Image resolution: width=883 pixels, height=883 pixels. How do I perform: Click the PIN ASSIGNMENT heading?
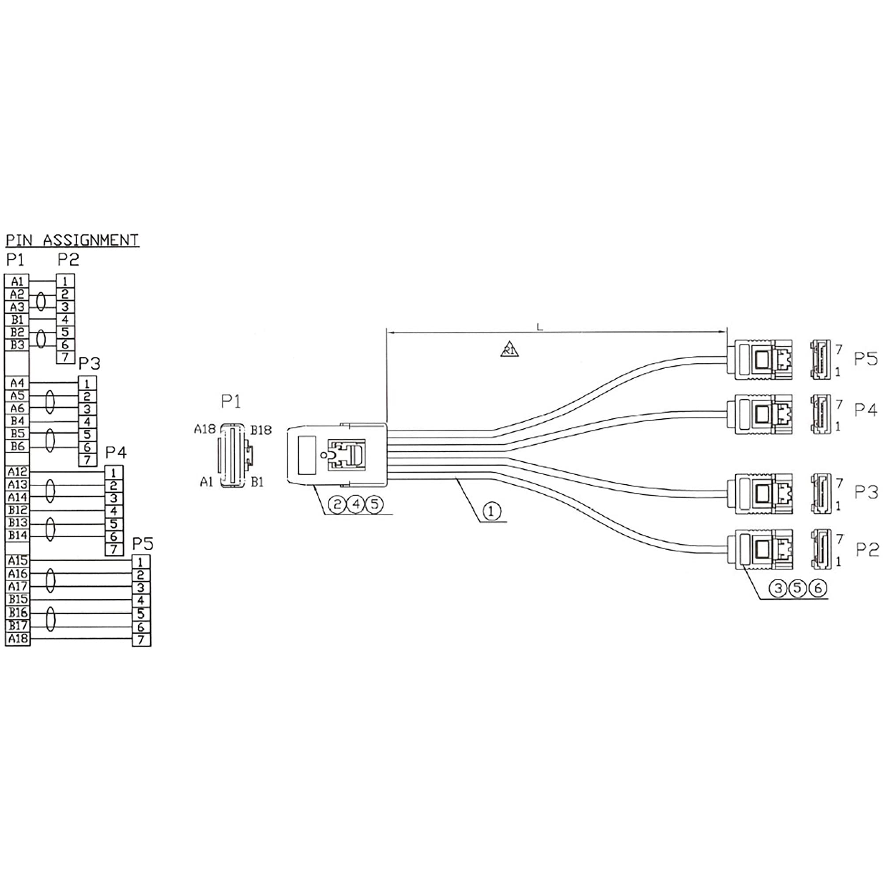pos(72,240)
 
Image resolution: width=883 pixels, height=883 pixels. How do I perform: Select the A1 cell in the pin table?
pos(17,281)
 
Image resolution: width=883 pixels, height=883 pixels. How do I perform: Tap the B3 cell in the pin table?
pos(17,345)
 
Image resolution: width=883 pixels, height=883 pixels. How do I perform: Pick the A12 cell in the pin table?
pos(17,472)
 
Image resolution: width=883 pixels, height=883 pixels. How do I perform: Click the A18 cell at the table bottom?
pos(17,638)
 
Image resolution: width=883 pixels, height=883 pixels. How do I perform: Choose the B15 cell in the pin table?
pos(17,599)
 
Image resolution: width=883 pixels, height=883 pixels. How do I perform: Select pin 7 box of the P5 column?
pos(141,640)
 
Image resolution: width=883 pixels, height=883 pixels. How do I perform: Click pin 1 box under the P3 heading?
pos(87,383)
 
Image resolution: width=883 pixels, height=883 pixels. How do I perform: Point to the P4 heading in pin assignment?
pos(116,453)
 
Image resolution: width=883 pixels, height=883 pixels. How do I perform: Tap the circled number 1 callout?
pos(491,511)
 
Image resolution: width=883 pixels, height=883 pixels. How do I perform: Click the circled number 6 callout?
pos(818,588)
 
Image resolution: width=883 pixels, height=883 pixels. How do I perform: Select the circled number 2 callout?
pos(337,505)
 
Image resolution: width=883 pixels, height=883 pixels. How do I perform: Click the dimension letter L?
pos(540,327)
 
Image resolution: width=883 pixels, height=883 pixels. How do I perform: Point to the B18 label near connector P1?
pos(261,430)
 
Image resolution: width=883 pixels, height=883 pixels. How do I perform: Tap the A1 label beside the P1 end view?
pos(207,482)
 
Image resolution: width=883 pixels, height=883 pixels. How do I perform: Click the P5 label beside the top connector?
pos(866,359)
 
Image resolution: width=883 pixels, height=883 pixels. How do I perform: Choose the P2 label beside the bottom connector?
pos(867,550)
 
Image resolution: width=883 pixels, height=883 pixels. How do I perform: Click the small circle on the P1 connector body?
pos(324,455)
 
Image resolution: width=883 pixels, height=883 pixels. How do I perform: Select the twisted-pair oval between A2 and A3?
pos(41,301)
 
